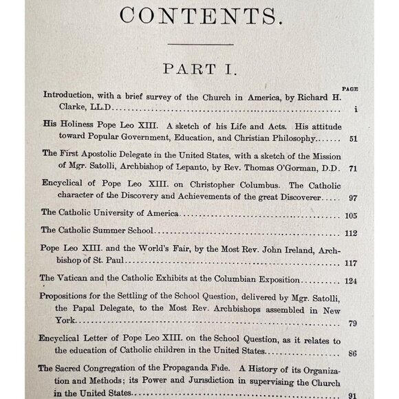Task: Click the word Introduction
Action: click(67, 97)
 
